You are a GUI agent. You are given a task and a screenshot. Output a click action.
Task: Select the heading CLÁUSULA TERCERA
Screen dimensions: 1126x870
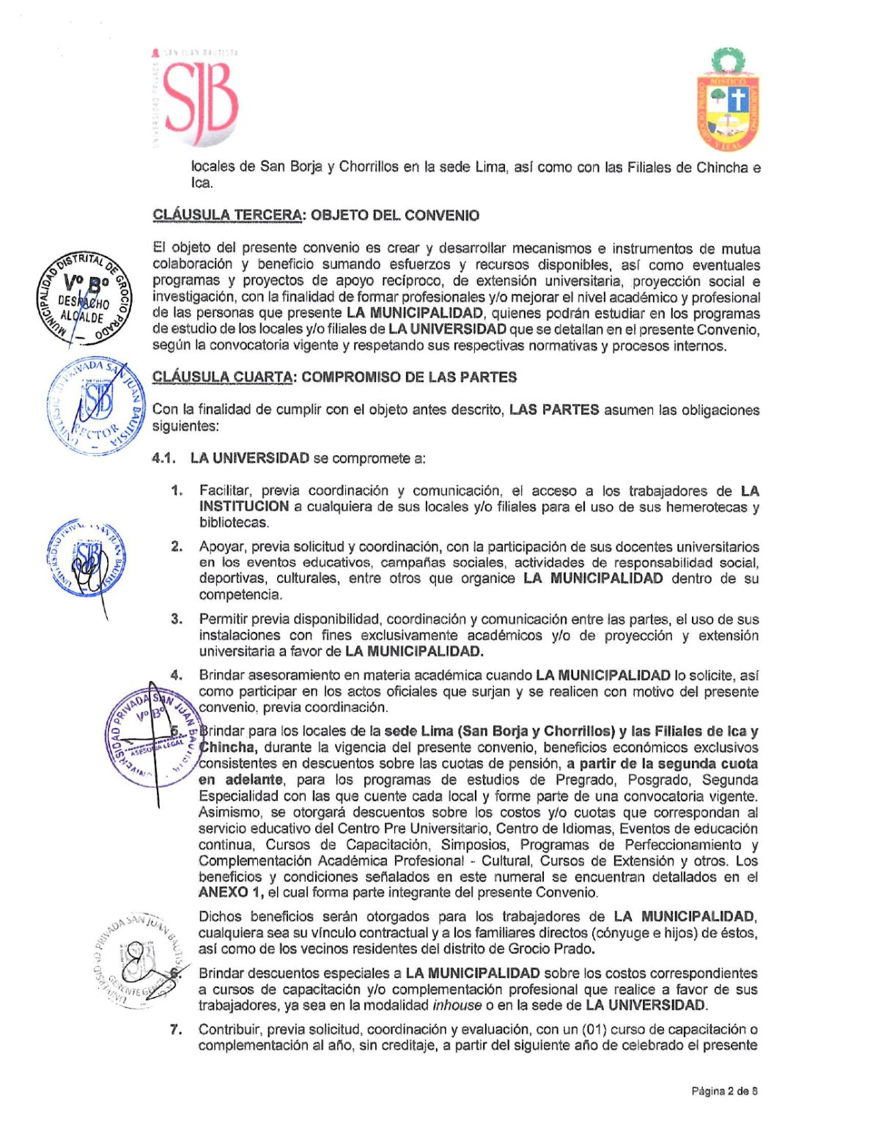[227, 216]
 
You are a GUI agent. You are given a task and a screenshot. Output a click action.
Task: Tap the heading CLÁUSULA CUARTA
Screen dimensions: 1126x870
[224, 378]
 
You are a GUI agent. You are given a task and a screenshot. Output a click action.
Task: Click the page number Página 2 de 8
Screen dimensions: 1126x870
[724, 1092]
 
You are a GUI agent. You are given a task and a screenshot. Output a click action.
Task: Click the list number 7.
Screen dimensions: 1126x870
[176, 1030]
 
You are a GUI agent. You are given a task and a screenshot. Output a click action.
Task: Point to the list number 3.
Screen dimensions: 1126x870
[177, 619]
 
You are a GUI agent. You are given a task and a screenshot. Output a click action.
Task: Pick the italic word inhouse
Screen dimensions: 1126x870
[457, 1006]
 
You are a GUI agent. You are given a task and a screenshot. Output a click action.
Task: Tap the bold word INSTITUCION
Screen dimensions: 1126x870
[244, 507]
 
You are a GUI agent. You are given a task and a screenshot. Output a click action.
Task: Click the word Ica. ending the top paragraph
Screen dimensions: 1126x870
[202, 183]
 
